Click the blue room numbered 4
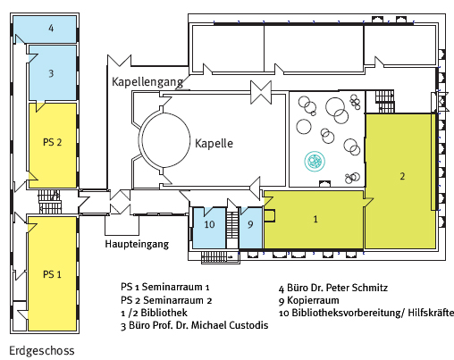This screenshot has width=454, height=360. click(x=45, y=29)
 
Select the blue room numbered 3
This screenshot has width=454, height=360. click(x=53, y=72)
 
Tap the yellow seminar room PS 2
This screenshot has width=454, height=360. click(x=53, y=146)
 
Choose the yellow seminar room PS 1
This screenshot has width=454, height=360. click(x=53, y=273)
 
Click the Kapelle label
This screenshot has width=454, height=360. click(x=214, y=143)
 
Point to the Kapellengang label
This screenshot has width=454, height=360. click(x=147, y=81)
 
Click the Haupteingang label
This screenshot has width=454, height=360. click(x=137, y=244)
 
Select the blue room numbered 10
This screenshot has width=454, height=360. click(x=209, y=228)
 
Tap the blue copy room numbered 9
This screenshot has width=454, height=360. click(x=251, y=228)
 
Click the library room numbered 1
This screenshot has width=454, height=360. click(x=314, y=220)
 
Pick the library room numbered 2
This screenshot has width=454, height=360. click(x=400, y=180)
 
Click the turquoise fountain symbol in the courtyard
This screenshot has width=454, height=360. click(x=315, y=161)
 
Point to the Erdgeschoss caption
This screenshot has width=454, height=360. click(x=42, y=351)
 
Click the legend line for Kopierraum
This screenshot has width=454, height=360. click(x=309, y=300)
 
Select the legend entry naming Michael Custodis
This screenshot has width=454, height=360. click(x=195, y=325)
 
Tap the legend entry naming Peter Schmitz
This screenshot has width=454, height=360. click(x=333, y=288)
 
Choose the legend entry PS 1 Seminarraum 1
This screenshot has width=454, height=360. click(x=165, y=287)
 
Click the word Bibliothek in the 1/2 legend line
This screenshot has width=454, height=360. click(x=164, y=313)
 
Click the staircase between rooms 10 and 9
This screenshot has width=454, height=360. click(x=232, y=225)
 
